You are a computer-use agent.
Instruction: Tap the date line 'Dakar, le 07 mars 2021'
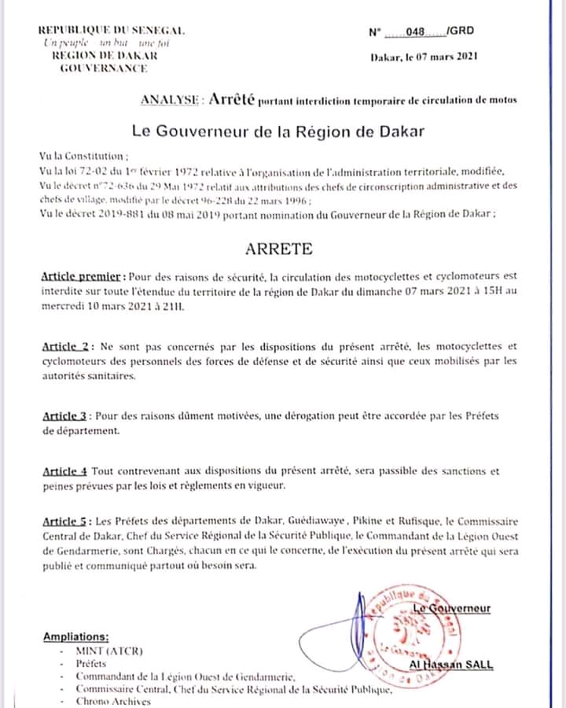click(424, 57)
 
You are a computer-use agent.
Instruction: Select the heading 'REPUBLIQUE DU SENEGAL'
click(111, 30)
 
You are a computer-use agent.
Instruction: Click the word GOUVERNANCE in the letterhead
click(105, 68)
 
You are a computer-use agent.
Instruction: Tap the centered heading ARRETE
click(279, 249)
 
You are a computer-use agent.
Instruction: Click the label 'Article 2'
click(67, 347)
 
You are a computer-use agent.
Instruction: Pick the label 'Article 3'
click(66, 415)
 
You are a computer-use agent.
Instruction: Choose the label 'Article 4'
click(64, 471)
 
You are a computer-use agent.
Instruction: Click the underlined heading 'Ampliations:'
click(76, 636)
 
